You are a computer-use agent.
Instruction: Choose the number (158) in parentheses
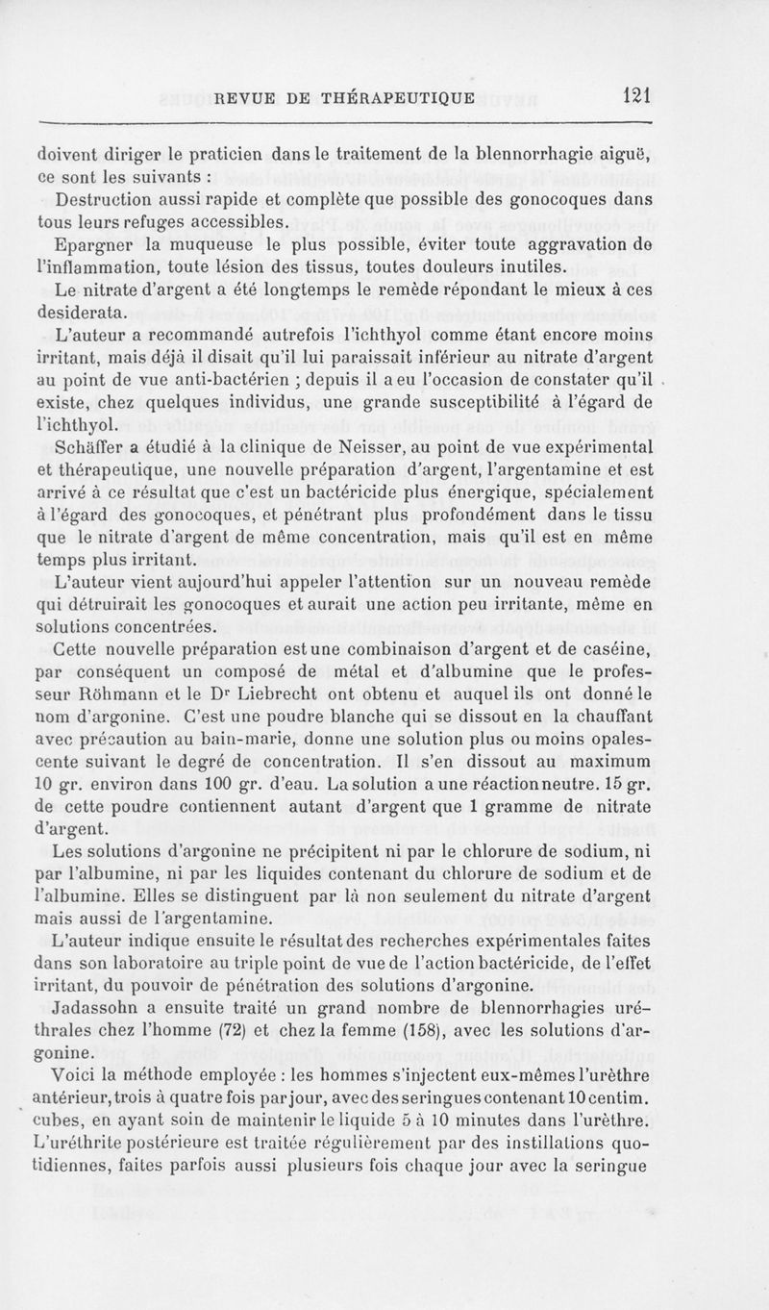click(x=509, y=1032)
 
